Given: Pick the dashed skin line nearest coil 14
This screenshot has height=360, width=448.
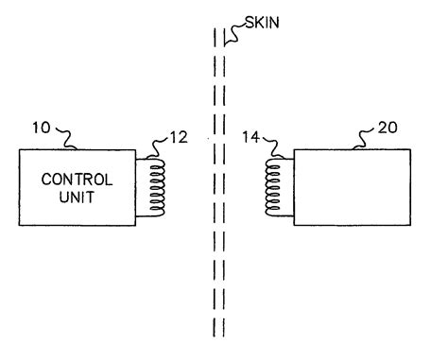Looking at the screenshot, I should tap(223, 189).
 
